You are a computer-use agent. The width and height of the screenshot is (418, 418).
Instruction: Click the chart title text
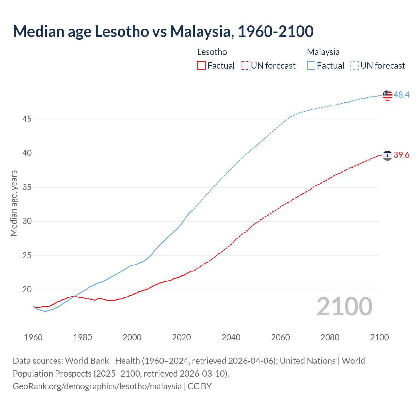(163, 31)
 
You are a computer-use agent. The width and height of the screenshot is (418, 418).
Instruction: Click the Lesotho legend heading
(212, 52)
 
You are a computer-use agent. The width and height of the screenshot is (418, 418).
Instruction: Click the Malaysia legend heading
(323, 52)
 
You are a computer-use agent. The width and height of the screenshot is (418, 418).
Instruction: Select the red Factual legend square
(201, 66)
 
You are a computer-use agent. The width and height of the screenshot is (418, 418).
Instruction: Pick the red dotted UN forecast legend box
(245, 66)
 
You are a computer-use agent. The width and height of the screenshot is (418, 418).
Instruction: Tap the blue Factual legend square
(311, 66)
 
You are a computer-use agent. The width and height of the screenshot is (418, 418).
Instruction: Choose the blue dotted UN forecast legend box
(355, 66)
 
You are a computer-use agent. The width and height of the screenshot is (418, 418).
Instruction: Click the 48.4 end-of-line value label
(401, 95)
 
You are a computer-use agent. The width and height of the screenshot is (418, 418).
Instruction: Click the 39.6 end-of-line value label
(401, 155)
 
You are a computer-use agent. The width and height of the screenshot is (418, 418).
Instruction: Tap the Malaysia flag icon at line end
(387, 95)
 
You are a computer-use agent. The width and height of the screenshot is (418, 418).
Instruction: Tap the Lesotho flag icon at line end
(387, 156)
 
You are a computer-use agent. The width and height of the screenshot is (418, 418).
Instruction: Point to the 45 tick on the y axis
(27, 119)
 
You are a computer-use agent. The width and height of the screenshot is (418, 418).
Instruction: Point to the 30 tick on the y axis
(27, 221)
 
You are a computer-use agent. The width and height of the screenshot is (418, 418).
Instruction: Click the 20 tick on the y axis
(27, 290)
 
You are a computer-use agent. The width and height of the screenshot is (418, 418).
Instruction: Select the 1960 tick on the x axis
(33, 337)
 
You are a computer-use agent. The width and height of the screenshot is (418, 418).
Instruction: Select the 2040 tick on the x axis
(231, 337)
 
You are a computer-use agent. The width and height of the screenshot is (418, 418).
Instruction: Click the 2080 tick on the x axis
(330, 337)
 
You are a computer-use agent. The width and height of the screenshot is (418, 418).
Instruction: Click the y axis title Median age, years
(14, 203)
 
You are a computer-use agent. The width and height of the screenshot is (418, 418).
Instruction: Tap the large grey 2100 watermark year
(344, 307)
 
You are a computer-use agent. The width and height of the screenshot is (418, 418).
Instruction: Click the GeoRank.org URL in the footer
(97, 386)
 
